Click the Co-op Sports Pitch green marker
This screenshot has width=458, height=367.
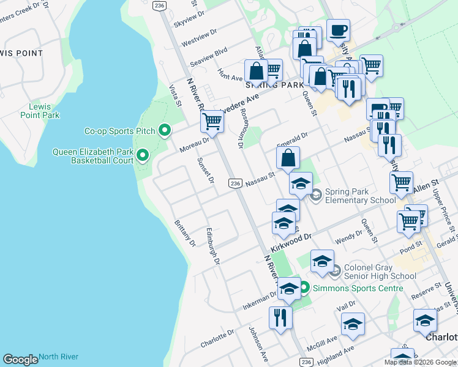tap(164, 131)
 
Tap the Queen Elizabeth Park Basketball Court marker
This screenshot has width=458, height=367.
tap(143, 156)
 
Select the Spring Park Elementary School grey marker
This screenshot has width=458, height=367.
tap(316, 196)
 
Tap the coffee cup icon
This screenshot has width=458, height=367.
tap(338, 30)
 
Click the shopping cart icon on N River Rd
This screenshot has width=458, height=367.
tap(212, 120)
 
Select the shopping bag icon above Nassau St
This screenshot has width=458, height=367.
tap(288, 158)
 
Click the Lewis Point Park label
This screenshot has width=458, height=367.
tap(40, 111)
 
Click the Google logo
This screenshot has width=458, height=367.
tap(20, 360)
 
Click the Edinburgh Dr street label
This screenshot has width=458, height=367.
tap(212, 245)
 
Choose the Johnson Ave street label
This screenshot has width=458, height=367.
tap(258, 343)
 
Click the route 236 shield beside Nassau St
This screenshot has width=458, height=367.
tap(235, 183)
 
